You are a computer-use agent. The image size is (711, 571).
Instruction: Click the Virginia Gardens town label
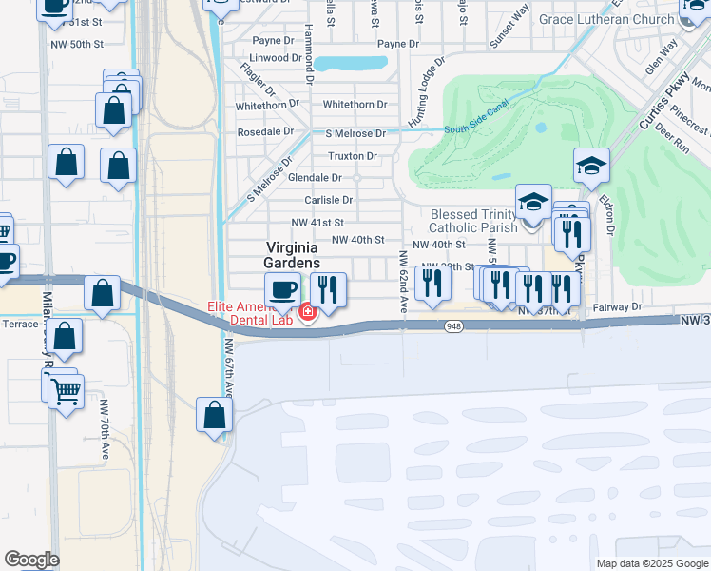click(291, 254)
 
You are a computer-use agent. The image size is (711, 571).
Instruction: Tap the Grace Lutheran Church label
click(619, 19)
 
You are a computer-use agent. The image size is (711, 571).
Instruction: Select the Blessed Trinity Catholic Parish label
click(473, 221)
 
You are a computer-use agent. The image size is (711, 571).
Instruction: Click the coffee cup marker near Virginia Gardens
click(281, 290)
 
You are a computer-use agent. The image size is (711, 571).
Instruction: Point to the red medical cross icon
click(308, 312)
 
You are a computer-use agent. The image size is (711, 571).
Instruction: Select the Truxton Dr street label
click(352, 156)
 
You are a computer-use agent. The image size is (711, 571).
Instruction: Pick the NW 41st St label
click(317, 223)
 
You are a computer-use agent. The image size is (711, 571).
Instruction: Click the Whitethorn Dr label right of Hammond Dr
click(355, 105)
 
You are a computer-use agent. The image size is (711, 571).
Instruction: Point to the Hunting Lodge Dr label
click(426, 93)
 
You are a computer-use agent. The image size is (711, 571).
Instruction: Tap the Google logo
click(31, 560)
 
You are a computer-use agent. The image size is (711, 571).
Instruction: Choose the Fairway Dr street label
click(617, 307)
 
